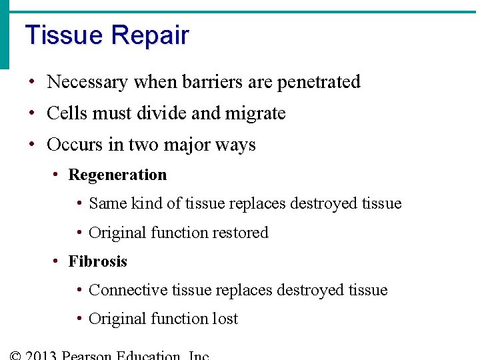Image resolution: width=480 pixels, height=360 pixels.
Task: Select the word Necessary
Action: tap(87, 82)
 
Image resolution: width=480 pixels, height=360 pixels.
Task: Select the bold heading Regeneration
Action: tap(117, 175)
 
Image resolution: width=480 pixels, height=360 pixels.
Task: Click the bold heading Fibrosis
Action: tap(97, 261)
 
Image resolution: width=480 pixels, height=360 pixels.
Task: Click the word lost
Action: tap(225, 319)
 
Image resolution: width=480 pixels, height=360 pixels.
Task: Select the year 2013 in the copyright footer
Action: tap(41, 355)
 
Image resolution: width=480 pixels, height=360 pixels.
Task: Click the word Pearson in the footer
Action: tap(87, 355)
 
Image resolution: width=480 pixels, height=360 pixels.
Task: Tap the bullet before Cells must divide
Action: tap(32, 114)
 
